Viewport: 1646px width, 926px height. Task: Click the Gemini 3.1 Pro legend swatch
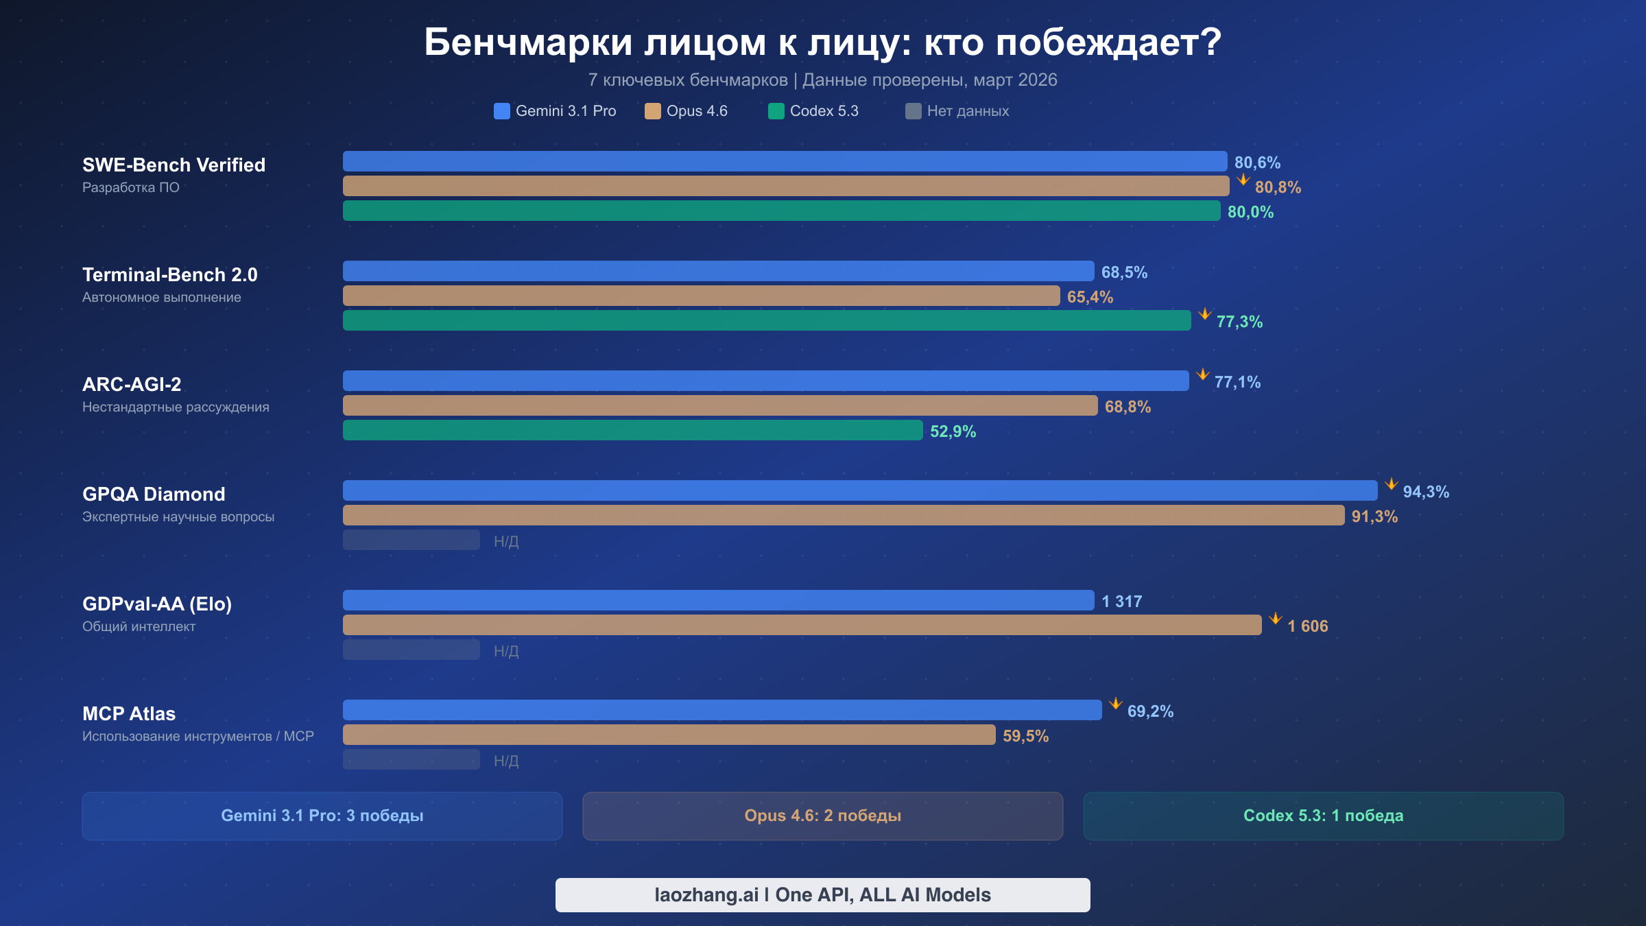501,111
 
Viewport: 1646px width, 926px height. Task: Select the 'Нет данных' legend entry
957,111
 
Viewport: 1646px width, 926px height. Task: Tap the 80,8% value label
1277,187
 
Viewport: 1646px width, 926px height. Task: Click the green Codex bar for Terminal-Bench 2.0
767,320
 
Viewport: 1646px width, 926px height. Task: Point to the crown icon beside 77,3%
1204,314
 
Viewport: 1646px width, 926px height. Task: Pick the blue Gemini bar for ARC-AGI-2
765,381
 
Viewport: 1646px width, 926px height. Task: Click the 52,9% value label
953,431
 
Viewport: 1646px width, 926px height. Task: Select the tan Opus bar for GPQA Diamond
844,515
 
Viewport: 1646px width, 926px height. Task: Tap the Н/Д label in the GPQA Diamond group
506,541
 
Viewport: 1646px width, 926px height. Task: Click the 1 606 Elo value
1307,626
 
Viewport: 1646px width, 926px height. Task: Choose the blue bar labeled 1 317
718,600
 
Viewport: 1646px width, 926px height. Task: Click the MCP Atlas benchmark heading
129,713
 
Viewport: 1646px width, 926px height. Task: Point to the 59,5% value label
1025,736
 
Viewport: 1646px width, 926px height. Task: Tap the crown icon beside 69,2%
1115,704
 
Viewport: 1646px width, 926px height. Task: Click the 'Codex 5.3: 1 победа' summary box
1323,816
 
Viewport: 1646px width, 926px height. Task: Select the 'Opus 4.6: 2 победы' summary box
822,816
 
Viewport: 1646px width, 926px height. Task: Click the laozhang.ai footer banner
822,894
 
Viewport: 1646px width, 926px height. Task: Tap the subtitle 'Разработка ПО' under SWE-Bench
131,187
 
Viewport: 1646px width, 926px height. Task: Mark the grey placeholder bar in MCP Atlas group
411,759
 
